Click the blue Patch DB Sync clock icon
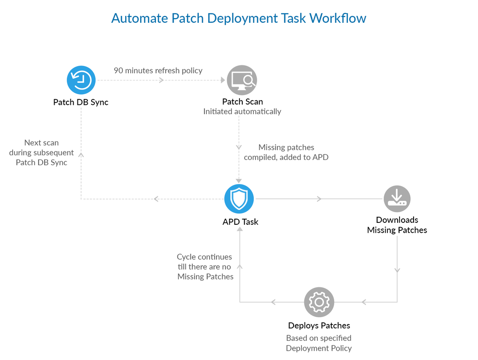(81, 80)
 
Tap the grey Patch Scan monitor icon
(242, 80)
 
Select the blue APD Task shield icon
(239, 199)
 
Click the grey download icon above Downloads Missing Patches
(397, 199)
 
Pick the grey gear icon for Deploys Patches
(319, 302)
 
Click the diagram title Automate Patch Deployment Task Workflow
(239, 18)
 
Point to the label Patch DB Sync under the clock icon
(81, 102)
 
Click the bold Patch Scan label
(242, 102)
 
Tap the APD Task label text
(240, 222)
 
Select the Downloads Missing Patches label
(397, 225)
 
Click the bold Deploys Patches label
(319, 325)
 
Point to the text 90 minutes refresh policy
(158, 70)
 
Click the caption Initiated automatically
(242, 112)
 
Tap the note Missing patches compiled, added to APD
(286, 152)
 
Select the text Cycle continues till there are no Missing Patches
(205, 267)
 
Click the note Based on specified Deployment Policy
(319, 343)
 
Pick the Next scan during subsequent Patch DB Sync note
(42, 152)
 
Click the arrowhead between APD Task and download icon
(319, 199)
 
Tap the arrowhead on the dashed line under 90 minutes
(162, 80)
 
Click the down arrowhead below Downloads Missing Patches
(397, 270)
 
